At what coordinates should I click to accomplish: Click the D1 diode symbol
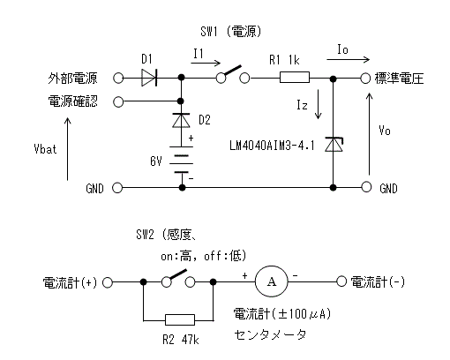149,78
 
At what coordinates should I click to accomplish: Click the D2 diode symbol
181,120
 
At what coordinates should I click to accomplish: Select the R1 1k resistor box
295,77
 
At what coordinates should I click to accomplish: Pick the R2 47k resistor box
180,320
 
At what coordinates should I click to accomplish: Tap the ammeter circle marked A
271,281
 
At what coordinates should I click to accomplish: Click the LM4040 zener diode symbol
334,145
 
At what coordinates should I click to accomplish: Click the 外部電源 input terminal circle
118,79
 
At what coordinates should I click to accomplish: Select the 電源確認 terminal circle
118,101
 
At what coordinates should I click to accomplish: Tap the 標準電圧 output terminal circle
365,79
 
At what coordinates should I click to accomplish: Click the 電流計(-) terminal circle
341,281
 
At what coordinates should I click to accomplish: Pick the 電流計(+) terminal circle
108,282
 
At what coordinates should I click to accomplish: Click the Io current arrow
348,60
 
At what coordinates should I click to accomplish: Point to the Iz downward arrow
318,104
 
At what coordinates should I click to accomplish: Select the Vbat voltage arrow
68,149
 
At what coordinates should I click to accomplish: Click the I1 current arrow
206,63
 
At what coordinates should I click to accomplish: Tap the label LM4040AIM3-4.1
272,146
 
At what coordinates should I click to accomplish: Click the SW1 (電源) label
231,31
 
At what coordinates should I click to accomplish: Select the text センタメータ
270,334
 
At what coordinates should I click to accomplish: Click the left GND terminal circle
117,188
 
